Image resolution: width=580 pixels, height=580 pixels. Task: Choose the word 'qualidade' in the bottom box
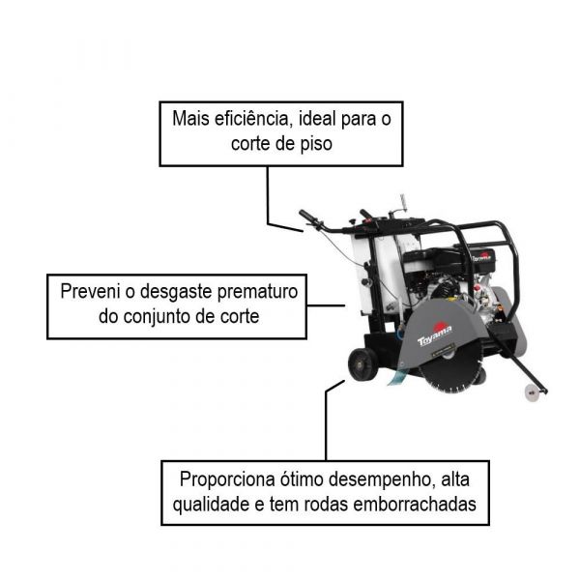tap(214, 505)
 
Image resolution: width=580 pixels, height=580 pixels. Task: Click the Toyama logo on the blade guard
tap(434, 333)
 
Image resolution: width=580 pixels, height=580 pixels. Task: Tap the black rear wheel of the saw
tap(362, 364)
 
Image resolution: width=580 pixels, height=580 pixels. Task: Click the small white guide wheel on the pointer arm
tap(530, 391)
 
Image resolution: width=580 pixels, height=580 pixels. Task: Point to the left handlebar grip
tap(308, 217)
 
